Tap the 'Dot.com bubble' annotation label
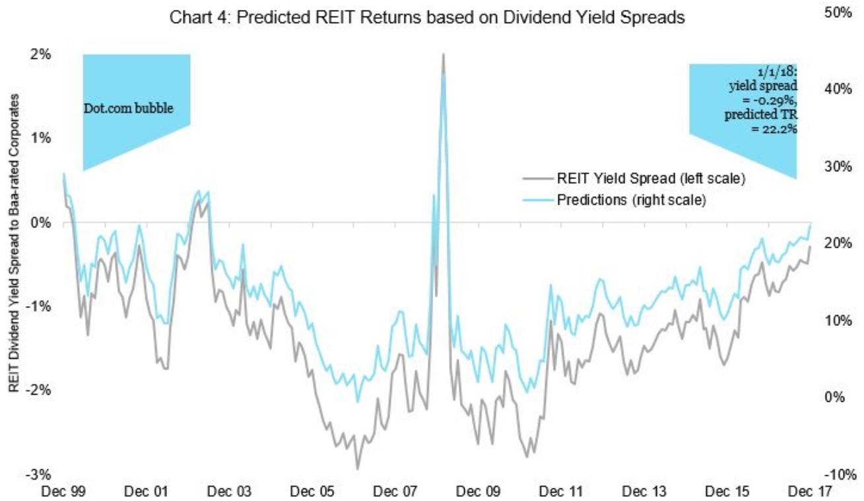pyautogui.click(x=129, y=108)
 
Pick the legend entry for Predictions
pyautogui.click(x=632, y=200)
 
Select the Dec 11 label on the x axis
pyautogui.click(x=558, y=492)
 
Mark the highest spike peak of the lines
pyautogui.click(x=443, y=54)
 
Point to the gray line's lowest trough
pyautogui.click(x=357, y=469)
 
